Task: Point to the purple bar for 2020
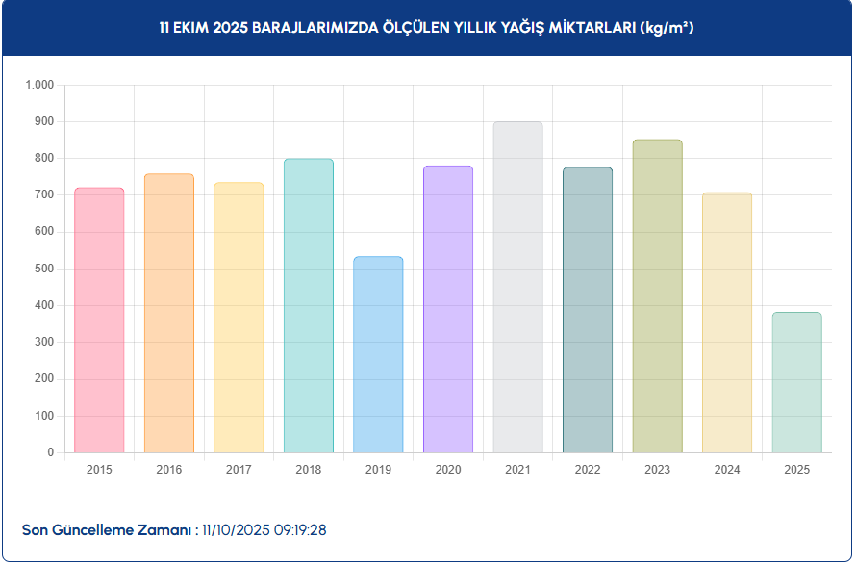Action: (x=448, y=309)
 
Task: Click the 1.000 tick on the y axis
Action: (x=39, y=85)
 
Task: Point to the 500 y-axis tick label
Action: (x=45, y=269)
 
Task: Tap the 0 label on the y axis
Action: (x=52, y=452)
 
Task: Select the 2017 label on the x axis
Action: (x=239, y=470)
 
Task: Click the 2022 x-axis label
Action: (x=588, y=470)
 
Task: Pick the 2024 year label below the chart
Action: (x=727, y=470)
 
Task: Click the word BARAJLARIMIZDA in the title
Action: (x=313, y=28)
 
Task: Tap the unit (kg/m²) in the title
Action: (x=667, y=28)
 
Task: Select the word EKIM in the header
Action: (x=191, y=28)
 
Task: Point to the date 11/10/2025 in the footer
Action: (x=236, y=530)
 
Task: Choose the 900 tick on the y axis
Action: (x=45, y=121)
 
